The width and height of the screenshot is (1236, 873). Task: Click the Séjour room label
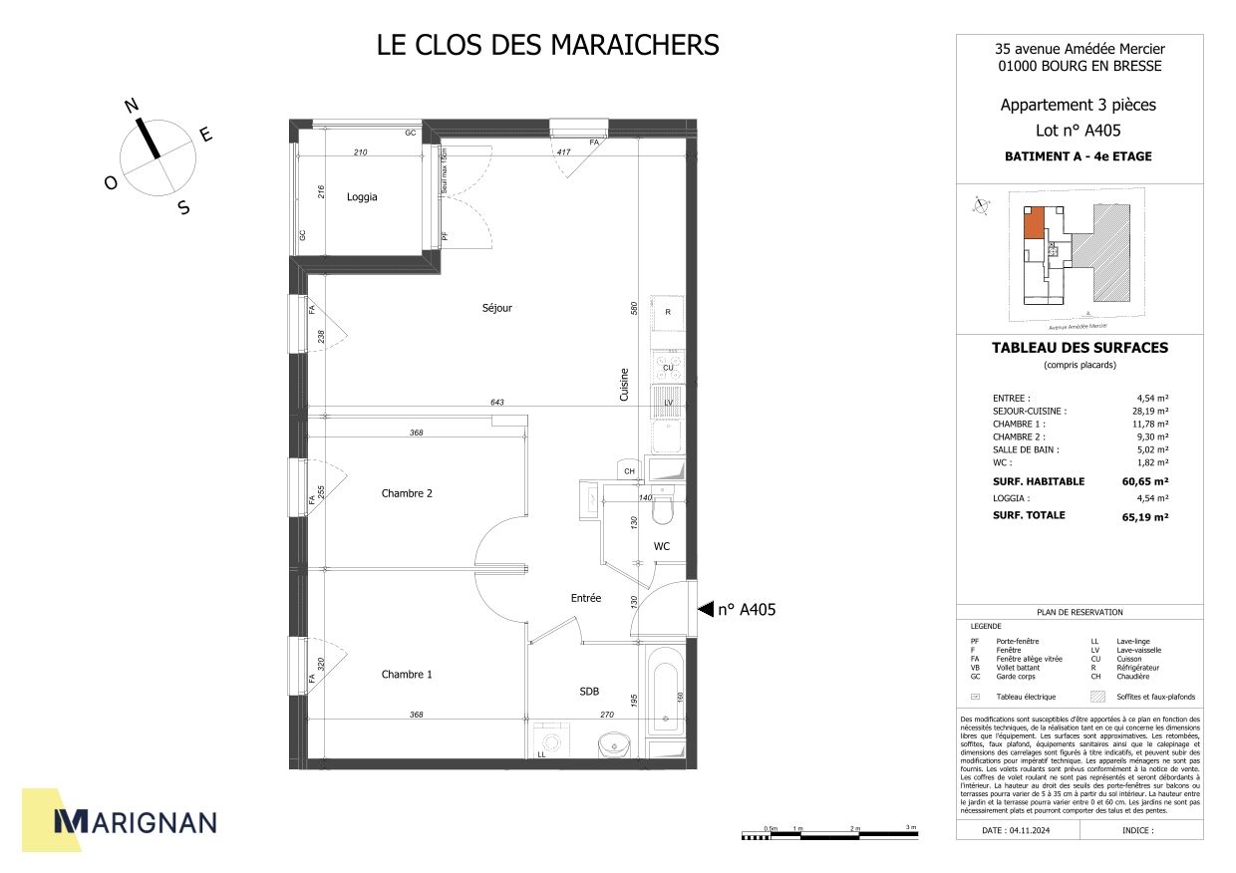496,308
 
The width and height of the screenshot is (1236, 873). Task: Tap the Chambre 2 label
407,493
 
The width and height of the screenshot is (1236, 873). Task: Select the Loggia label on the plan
362,197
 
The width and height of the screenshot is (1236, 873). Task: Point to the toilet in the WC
663,511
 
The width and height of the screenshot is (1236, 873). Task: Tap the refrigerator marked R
667,313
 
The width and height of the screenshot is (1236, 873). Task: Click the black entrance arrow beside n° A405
706,609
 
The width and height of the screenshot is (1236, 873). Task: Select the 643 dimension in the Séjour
497,403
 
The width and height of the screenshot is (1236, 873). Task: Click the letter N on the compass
131,107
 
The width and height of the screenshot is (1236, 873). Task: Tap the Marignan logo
135,820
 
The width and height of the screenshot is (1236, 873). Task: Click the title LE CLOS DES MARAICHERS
547,46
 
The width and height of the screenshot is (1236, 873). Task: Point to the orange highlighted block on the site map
1034,222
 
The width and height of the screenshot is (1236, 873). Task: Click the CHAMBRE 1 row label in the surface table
1019,424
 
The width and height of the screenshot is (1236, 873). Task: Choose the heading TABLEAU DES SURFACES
1080,348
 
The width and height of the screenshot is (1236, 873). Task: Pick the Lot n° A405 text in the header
1079,131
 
